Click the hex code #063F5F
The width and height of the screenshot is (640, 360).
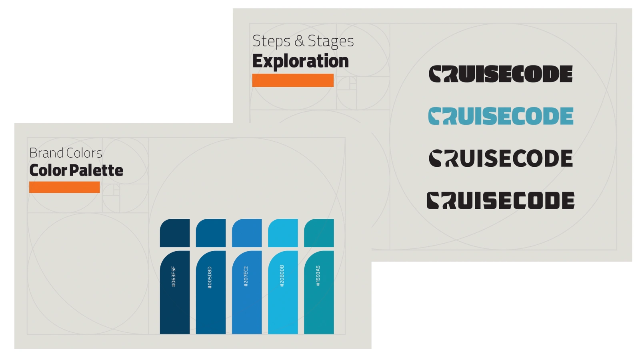pyautogui.click(x=174, y=276)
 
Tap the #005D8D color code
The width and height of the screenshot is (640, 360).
pyautogui.click(x=210, y=278)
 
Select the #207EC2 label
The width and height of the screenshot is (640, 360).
pyautogui.click(x=246, y=276)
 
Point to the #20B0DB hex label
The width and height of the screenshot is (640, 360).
pyautogui.click(x=282, y=276)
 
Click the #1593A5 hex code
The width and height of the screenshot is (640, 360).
pyautogui.click(x=318, y=276)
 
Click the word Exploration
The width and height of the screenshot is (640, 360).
pyautogui.click(x=300, y=61)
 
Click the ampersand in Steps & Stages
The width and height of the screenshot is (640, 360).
pyautogui.click(x=299, y=41)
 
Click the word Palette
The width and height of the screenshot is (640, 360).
pyautogui.click(x=96, y=170)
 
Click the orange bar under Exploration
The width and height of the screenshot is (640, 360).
pyautogui.click(x=293, y=80)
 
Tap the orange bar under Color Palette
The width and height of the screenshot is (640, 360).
pyautogui.click(x=64, y=187)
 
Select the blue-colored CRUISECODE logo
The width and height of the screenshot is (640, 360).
pyautogui.click(x=500, y=116)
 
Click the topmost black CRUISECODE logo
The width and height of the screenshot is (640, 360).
pyautogui.click(x=500, y=74)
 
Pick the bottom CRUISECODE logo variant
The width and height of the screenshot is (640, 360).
pyautogui.click(x=500, y=200)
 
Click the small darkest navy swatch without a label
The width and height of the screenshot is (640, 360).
pyautogui.click(x=175, y=233)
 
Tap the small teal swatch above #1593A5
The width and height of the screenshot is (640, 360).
pyautogui.click(x=319, y=233)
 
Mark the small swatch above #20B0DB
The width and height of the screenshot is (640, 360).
pyautogui.click(x=283, y=233)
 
